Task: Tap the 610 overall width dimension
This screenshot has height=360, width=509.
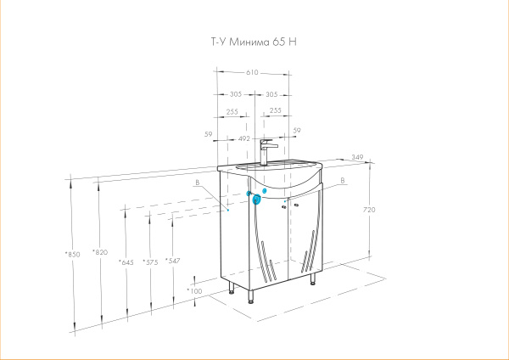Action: (x=252, y=73)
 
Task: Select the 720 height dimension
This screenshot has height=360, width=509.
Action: (x=369, y=209)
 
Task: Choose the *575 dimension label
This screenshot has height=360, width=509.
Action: (x=150, y=262)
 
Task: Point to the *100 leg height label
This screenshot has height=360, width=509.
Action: (x=194, y=291)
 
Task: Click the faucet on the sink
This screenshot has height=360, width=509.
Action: (x=266, y=151)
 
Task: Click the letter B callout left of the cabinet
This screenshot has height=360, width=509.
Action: (x=196, y=183)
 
